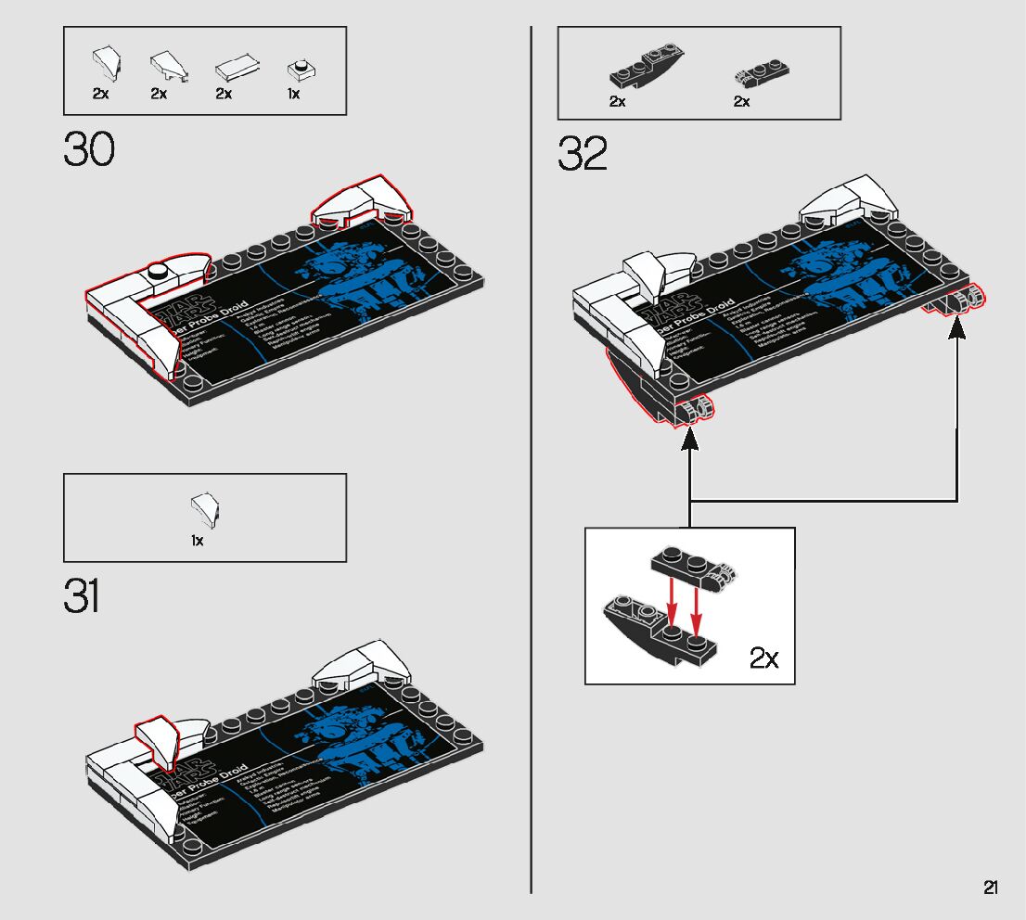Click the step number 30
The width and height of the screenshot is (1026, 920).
click(89, 149)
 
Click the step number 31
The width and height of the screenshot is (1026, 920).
click(82, 596)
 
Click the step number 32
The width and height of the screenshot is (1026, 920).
click(583, 154)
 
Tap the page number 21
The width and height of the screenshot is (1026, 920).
click(991, 888)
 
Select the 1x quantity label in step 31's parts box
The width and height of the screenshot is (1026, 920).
click(198, 541)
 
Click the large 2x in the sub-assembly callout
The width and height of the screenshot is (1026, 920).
click(764, 658)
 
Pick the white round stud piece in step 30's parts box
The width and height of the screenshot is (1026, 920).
click(300, 68)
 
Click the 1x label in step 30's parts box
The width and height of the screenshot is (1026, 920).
click(293, 94)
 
